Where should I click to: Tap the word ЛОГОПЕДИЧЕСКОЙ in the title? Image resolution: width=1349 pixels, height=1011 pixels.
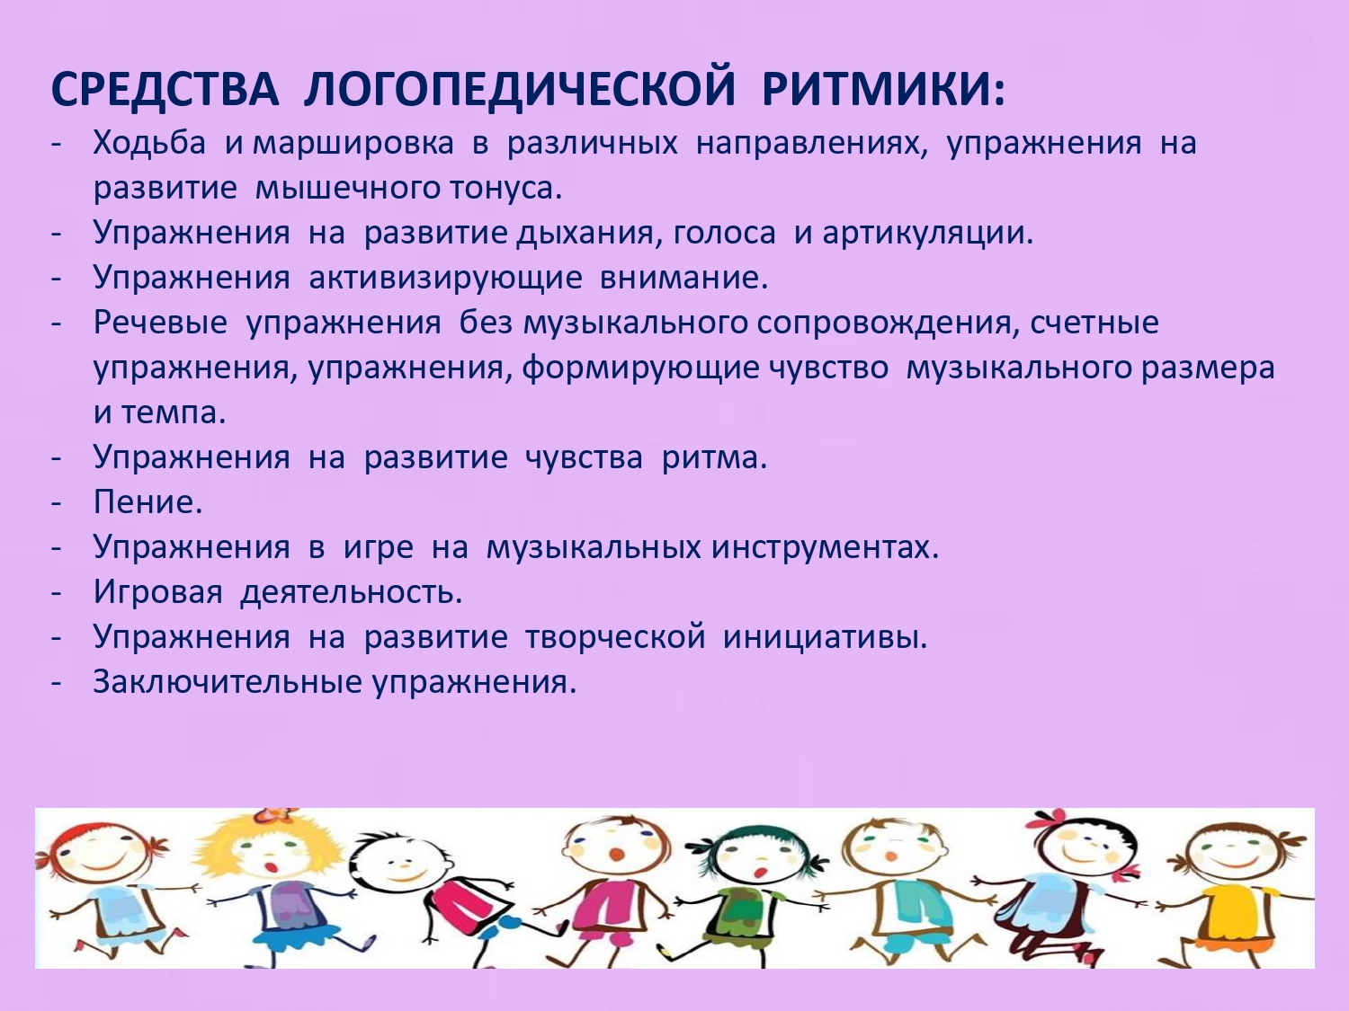tap(520, 89)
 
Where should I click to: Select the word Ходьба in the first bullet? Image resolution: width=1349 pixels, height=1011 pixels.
tap(149, 143)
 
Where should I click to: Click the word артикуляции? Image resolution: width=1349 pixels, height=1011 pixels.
tap(927, 233)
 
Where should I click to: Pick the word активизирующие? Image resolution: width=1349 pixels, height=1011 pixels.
tap(445, 278)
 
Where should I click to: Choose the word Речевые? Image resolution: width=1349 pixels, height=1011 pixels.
tap(160, 323)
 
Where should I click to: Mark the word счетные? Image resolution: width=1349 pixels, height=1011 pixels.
tap(1094, 323)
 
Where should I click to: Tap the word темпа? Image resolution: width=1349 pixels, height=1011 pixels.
tap(173, 412)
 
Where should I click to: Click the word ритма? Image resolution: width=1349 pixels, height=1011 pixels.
tap(714, 457)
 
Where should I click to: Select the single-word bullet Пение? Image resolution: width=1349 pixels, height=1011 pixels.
tap(147, 502)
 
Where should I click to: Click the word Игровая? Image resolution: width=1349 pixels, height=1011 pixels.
tap(157, 592)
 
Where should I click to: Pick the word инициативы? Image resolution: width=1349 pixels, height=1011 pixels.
tap(825, 637)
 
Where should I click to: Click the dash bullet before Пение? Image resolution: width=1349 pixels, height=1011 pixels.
tap(57, 502)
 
